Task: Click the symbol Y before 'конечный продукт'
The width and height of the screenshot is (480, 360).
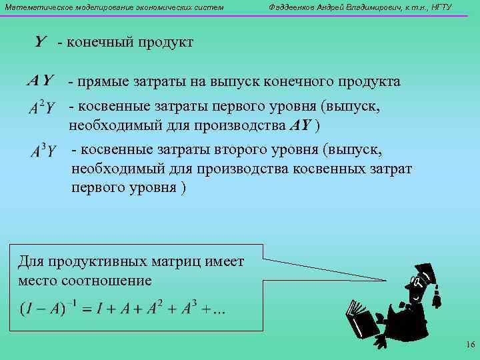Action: point(40,42)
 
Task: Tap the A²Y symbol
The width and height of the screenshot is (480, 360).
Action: point(42,107)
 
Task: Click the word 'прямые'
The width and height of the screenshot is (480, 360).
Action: point(101,82)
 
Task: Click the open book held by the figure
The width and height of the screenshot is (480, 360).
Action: point(361,318)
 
